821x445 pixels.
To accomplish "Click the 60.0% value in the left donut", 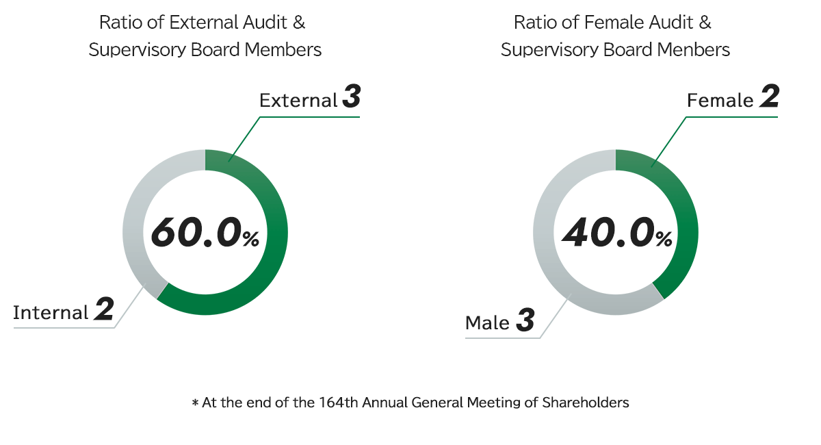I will pyautogui.click(x=205, y=232).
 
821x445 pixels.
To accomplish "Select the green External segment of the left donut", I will pyautogui.click(x=274, y=260).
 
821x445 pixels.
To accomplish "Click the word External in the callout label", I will pyautogui.click(x=298, y=101).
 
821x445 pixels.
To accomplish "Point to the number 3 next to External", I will pyautogui.click(x=351, y=98).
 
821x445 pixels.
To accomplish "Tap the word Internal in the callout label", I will pyautogui.click(x=51, y=313).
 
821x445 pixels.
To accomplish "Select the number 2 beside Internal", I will pyautogui.click(x=104, y=310).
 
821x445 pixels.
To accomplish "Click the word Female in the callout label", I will pyautogui.click(x=720, y=101).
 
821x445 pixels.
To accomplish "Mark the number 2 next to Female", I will pyautogui.click(x=769, y=98).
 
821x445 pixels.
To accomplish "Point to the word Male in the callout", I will pyautogui.click(x=487, y=322).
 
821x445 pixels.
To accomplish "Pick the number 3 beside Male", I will pyautogui.click(x=525, y=320).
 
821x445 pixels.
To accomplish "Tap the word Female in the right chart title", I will pyautogui.click(x=610, y=23).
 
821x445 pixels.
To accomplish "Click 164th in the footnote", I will pyautogui.click(x=335, y=403).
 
